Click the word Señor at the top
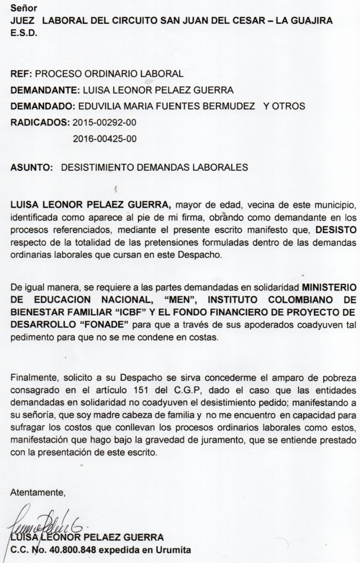click(24, 8)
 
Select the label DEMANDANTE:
click(43, 90)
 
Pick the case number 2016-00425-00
click(104, 139)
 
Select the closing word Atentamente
click(37, 492)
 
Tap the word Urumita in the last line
click(176, 550)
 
